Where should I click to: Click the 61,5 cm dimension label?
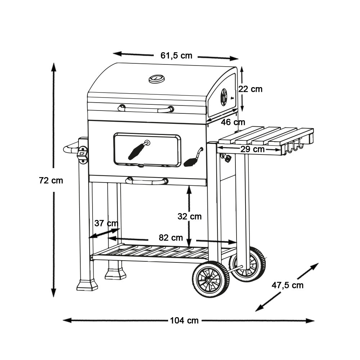pyautogui.click(x=176, y=55)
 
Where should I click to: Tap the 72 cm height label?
pyautogui.click(x=51, y=180)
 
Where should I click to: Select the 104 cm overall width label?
pyautogui.click(x=184, y=320)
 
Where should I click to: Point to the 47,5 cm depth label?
pyautogui.click(x=287, y=285)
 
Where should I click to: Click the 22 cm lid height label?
pyautogui.click(x=250, y=89)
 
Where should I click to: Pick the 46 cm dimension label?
pyautogui.click(x=233, y=122)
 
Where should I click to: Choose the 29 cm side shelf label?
pyautogui.click(x=253, y=149)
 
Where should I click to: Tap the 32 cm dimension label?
pyautogui.click(x=189, y=216)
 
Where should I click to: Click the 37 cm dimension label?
pyautogui.click(x=106, y=223)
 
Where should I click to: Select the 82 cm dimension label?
pyautogui.click(x=171, y=237)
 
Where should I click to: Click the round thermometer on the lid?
pyautogui.click(x=157, y=79)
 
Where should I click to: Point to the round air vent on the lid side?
pyautogui.click(x=224, y=97)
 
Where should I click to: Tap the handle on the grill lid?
pyautogui.click(x=146, y=108)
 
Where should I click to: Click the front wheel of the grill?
pyautogui.click(x=211, y=279)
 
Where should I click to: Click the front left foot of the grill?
pyautogui.click(x=87, y=285)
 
